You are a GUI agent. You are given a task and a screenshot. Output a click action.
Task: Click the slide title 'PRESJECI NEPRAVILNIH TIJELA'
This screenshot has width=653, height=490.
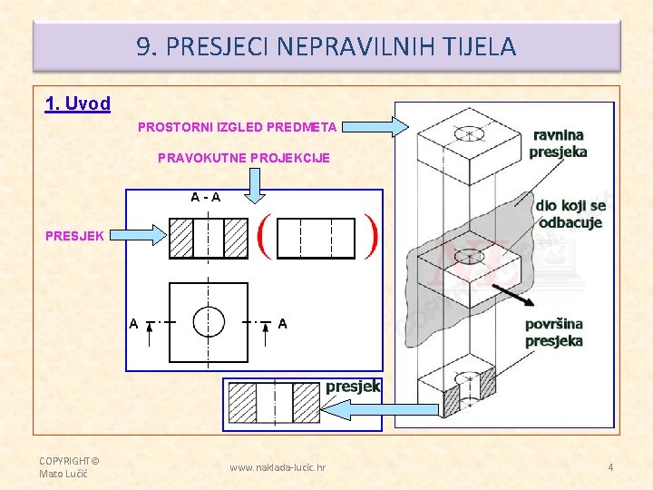pos(326,46)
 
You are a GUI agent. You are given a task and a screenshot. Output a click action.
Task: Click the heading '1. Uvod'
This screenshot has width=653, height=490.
pos(78,103)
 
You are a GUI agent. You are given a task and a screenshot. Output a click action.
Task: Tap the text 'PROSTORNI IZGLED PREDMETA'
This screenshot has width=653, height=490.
pos(237,127)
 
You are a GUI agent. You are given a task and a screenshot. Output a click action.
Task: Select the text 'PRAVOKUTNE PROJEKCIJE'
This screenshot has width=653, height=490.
pos(244,158)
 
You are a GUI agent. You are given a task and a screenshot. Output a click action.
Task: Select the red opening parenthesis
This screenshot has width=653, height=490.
pos(265,237)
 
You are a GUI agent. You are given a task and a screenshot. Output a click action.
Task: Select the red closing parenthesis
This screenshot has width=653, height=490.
pos(370,237)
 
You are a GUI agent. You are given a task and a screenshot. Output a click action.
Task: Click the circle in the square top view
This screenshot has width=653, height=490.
pos(209,321)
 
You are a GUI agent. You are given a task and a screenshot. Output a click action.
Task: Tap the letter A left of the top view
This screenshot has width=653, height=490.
pos(134,323)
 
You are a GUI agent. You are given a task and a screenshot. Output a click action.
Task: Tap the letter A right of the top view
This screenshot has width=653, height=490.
pos(283,323)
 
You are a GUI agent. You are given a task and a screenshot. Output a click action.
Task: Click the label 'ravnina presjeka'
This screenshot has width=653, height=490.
pos(558,143)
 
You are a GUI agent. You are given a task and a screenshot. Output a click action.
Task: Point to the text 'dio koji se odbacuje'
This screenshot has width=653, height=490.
pos(570,214)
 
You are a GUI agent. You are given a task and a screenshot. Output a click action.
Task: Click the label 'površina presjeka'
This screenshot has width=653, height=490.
pos(554,332)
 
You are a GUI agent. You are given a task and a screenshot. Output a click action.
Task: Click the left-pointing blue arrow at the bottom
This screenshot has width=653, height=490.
pos(381,410)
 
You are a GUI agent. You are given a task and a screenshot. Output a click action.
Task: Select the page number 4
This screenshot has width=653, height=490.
pos(610,467)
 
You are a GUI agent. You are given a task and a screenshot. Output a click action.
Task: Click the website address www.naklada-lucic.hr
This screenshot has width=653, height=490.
pos(278,467)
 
